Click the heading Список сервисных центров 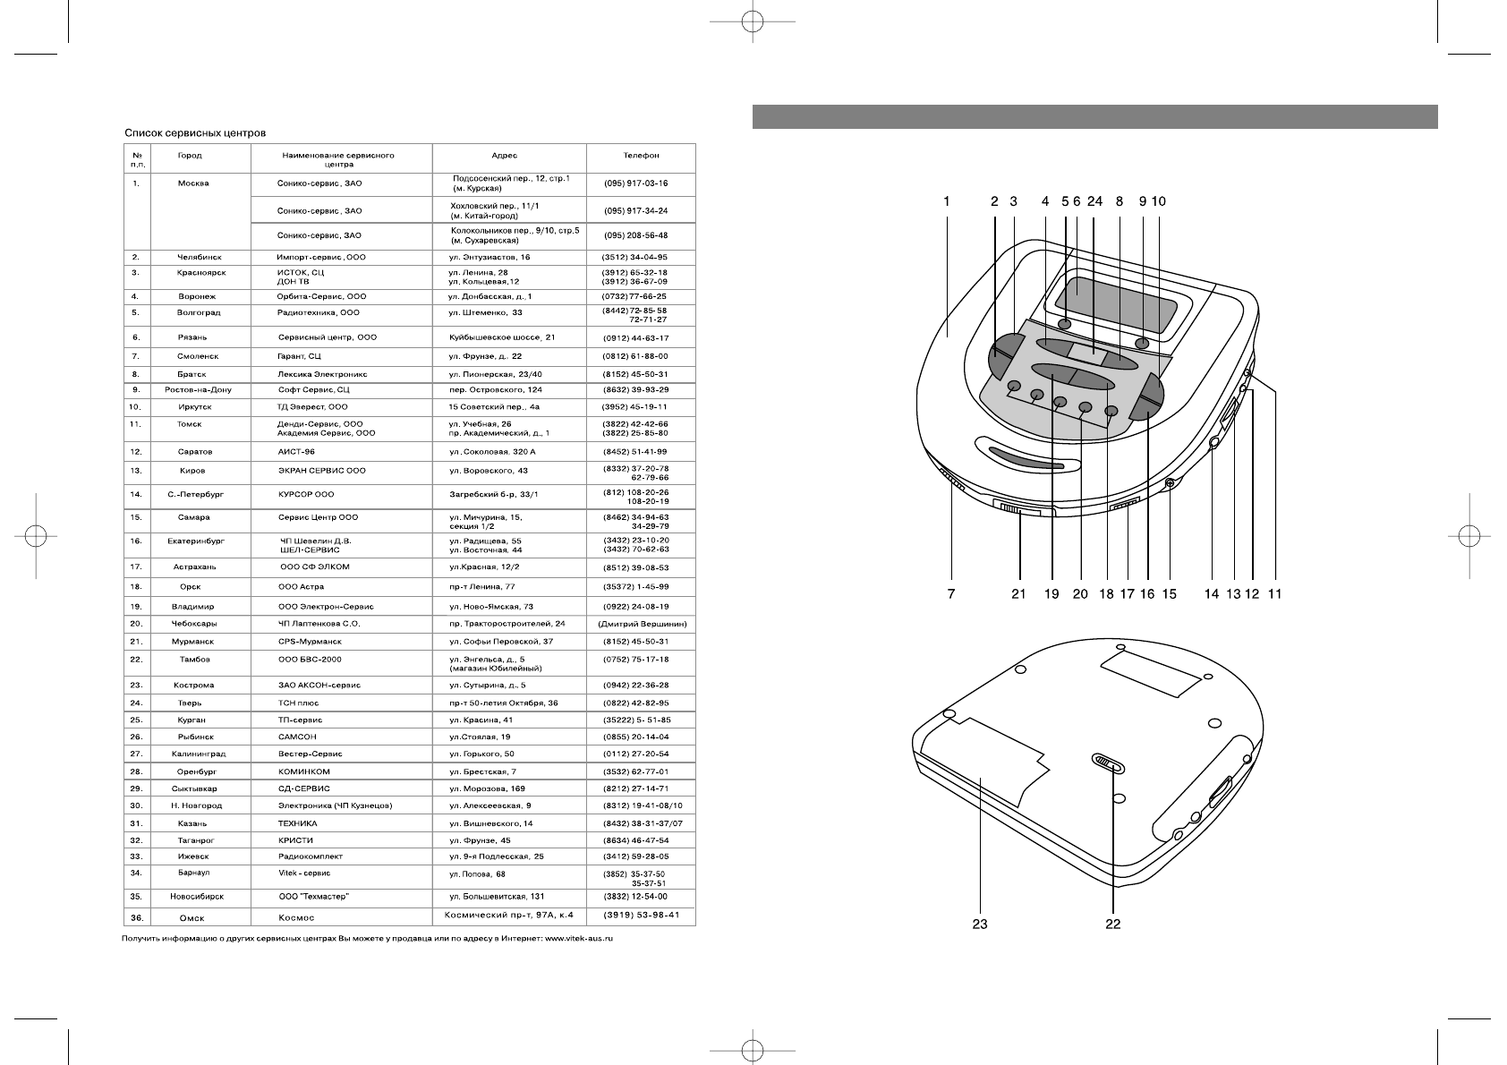194,133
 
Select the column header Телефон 641,156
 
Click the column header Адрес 504,156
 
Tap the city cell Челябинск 199,258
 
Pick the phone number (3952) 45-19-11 634,407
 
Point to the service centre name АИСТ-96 296,452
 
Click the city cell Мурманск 192,642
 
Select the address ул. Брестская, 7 482,771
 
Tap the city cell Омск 191,917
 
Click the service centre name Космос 296,917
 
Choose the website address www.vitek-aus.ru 580,940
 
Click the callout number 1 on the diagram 947,202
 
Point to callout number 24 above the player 1094,202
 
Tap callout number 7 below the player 950,593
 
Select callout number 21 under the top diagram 1018,593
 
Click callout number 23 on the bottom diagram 980,924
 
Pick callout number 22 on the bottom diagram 1112,924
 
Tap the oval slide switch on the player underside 1108,763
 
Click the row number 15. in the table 136,517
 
